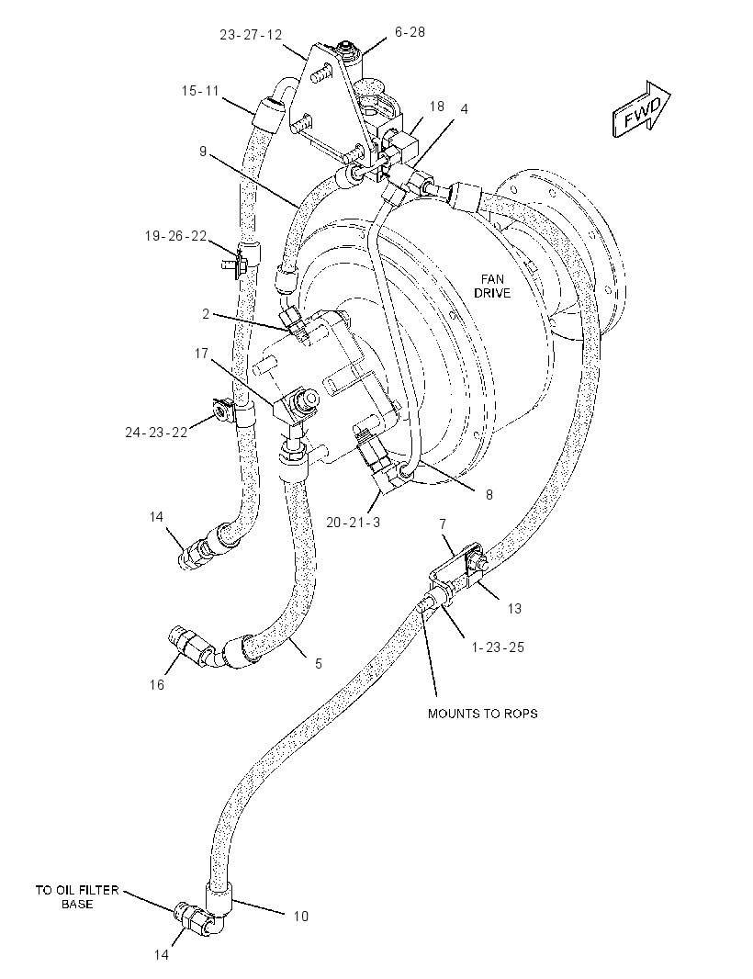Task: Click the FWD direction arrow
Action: click(x=642, y=109)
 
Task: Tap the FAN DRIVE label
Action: click(x=492, y=286)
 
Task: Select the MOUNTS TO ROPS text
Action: click(x=483, y=713)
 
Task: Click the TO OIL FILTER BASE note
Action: click(x=77, y=896)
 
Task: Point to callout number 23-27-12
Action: click(x=251, y=34)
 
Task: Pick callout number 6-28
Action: click(x=410, y=32)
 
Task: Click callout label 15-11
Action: click(x=200, y=91)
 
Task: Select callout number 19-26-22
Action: click(x=175, y=236)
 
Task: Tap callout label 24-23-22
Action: click(x=156, y=432)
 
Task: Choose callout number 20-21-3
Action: click(x=353, y=522)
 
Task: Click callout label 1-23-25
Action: click(x=498, y=647)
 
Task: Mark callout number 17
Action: click(x=201, y=354)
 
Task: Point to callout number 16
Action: click(x=157, y=685)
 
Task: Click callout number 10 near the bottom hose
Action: click(x=301, y=916)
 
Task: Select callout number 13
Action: click(x=514, y=608)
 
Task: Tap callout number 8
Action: click(x=489, y=494)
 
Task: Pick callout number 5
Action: click(x=319, y=664)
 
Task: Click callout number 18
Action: click(x=437, y=107)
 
